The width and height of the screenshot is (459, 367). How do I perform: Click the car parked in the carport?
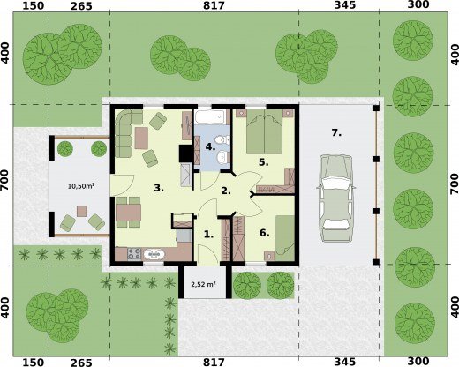pos(336,198)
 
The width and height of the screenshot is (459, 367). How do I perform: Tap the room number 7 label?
pos(336,133)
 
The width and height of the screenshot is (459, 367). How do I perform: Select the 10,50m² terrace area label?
pos(81,186)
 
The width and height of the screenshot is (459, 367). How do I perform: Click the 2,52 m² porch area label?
pos(204,284)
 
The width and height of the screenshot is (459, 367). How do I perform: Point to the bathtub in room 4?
pos(210,117)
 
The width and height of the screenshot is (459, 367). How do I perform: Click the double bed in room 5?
pos(265,131)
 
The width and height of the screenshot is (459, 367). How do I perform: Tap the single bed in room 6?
pos(285,238)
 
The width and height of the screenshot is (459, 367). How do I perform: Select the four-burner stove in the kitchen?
pos(134,254)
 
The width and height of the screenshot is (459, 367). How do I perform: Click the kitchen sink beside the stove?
pos(154,254)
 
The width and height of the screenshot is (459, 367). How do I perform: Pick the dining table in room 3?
pos(128,213)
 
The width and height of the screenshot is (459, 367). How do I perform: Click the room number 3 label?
pos(159,188)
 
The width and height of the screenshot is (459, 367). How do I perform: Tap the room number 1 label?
pos(208,235)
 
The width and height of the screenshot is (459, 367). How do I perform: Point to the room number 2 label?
pos(226,191)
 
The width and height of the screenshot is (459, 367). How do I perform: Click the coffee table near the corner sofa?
pos(141,138)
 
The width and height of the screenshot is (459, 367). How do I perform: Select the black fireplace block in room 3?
pos(185,154)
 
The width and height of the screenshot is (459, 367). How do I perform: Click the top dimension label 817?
pos(214,5)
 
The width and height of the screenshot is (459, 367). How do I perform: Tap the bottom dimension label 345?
pos(345,362)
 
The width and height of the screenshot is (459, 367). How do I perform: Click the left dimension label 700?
pos(6,183)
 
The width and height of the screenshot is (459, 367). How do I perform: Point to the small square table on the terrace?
pos(82,211)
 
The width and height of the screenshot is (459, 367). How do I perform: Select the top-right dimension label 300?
pos(418,5)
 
